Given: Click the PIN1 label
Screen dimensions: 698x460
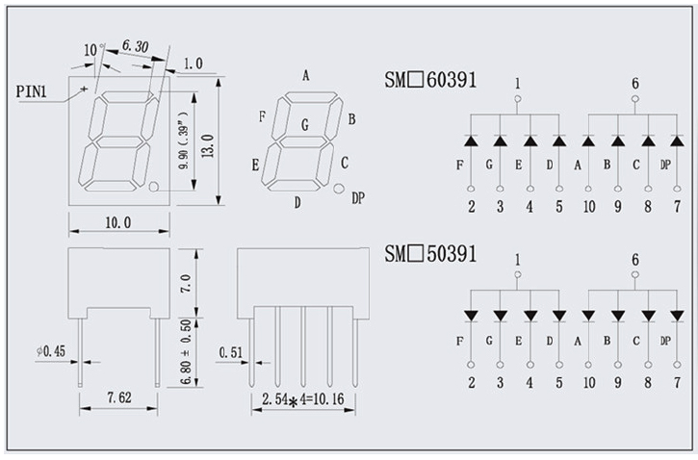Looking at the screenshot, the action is pos(31,91).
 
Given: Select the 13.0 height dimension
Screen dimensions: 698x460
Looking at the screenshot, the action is pos(208,145).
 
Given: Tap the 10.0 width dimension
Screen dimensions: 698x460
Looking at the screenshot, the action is pos(118,222).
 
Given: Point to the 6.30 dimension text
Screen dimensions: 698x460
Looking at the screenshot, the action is pos(136,46).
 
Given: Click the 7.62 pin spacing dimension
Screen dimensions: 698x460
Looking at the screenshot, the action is pos(118,397).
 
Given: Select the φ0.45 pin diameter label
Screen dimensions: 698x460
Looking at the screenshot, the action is pos(51,351).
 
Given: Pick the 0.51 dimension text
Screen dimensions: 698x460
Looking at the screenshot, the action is pos(231,353).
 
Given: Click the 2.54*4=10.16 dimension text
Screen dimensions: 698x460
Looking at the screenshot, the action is pos(302,399).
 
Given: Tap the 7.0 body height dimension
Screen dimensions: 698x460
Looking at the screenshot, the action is pos(186,283).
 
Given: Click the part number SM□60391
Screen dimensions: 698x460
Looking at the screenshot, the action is pos(430,80).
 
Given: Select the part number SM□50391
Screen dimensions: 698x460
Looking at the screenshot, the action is pos(430,254).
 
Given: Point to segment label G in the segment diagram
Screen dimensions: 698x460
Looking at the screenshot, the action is pos(305,125).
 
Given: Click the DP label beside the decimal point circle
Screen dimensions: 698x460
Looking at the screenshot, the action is pos(358,198).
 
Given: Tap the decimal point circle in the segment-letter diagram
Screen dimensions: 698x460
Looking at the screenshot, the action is pos(339,189).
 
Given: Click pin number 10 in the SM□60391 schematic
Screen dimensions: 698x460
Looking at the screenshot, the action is pos(589,207).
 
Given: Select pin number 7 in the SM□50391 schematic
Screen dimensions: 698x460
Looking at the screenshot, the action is pos(677,383).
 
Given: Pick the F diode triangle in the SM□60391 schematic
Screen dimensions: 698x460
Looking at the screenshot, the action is pos(471,141).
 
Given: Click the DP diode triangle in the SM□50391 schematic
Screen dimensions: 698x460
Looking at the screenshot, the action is pos(677,316).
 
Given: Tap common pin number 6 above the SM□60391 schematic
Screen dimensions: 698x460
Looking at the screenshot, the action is pos(635,84).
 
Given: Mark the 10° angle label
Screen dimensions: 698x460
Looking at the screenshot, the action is pos(93,49).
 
